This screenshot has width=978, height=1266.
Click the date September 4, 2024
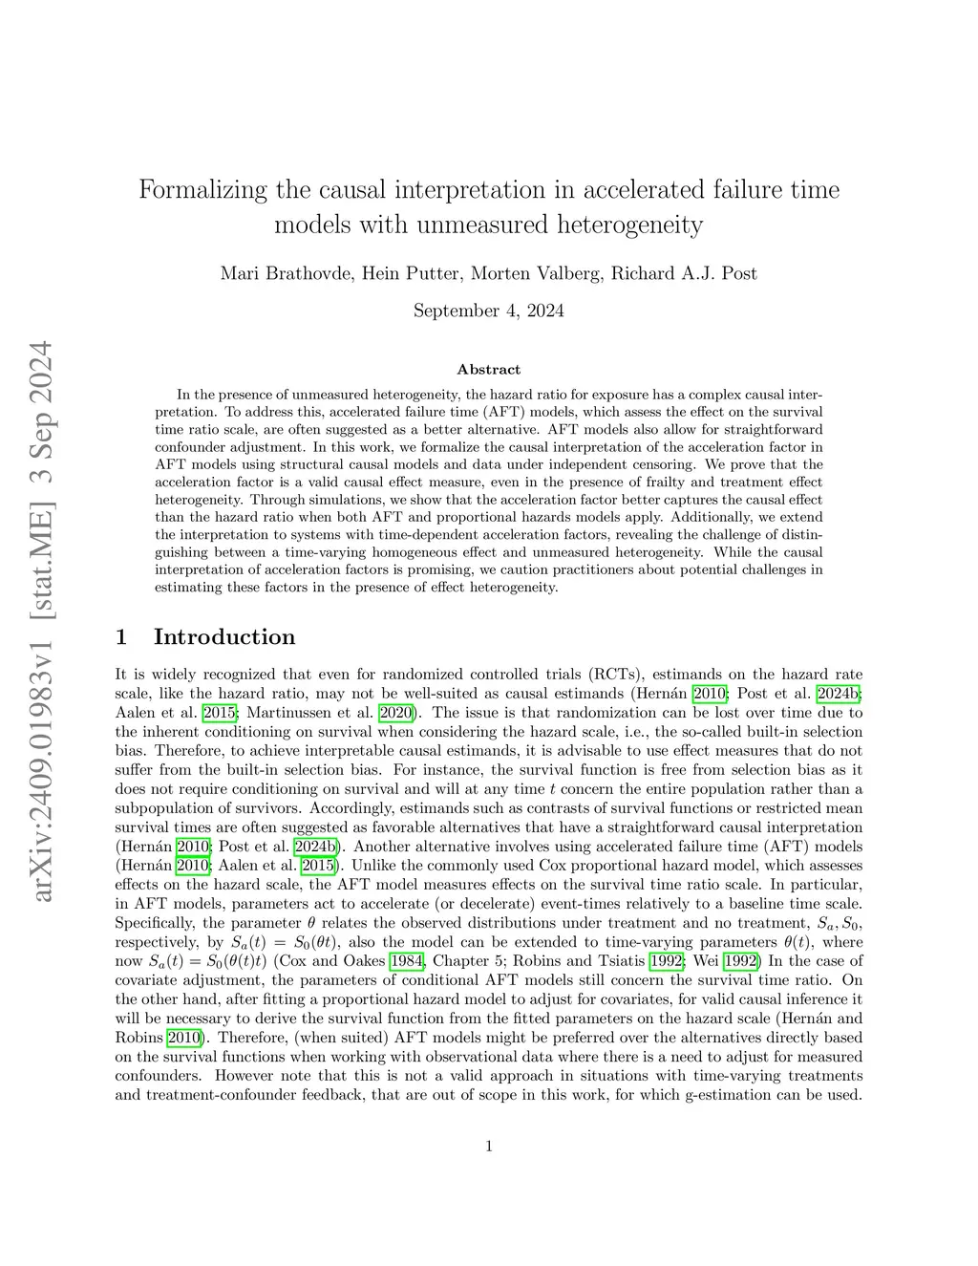[x=488, y=311]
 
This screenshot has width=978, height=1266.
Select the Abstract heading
[x=489, y=370]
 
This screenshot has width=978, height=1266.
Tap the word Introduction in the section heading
[x=224, y=637]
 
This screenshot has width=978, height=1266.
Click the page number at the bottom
[x=489, y=1147]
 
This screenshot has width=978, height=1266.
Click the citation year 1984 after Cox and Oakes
[x=408, y=961]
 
